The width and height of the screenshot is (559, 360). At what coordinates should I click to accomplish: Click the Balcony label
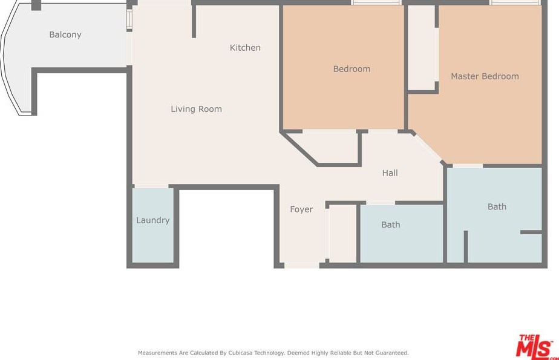pyautogui.click(x=65, y=34)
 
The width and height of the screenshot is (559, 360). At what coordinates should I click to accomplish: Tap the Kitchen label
pyautogui.click(x=245, y=47)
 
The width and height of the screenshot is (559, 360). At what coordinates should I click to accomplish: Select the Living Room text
pyautogui.click(x=196, y=109)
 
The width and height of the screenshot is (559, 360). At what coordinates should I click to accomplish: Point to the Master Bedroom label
pyautogui.click(x=485, y=76)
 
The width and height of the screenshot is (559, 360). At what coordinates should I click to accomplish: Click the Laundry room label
pyautogui.click(x=153, y=220)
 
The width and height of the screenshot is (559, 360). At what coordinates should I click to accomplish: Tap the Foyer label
pyautogui.click(x=301, y=209)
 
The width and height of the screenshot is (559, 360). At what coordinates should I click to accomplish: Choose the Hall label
pyautogui.click(x=390, y=173)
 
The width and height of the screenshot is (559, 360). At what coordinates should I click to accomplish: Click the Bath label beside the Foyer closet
pyautogui.click(x=391, y=224)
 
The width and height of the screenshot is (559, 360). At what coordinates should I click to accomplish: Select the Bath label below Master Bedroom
pyautogui.click(x=497, y=207)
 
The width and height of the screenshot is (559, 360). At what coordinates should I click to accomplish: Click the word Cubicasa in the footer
pyautogui.click(x=240, y=353)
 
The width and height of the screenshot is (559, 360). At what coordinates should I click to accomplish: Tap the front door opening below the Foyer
pyautogui.click(x=302, y=265)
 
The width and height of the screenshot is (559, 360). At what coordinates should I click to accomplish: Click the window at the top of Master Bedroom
pyautogui.click(x=514, y=2)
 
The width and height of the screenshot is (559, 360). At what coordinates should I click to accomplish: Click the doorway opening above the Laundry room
pyautogui.click(x=151, y=186)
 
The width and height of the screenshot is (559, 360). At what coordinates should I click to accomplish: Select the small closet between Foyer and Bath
pyautogui.click(x=342, y=234)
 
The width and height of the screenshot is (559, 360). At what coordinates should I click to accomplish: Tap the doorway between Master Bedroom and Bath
pyautogui.click(x=468, y=166)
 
